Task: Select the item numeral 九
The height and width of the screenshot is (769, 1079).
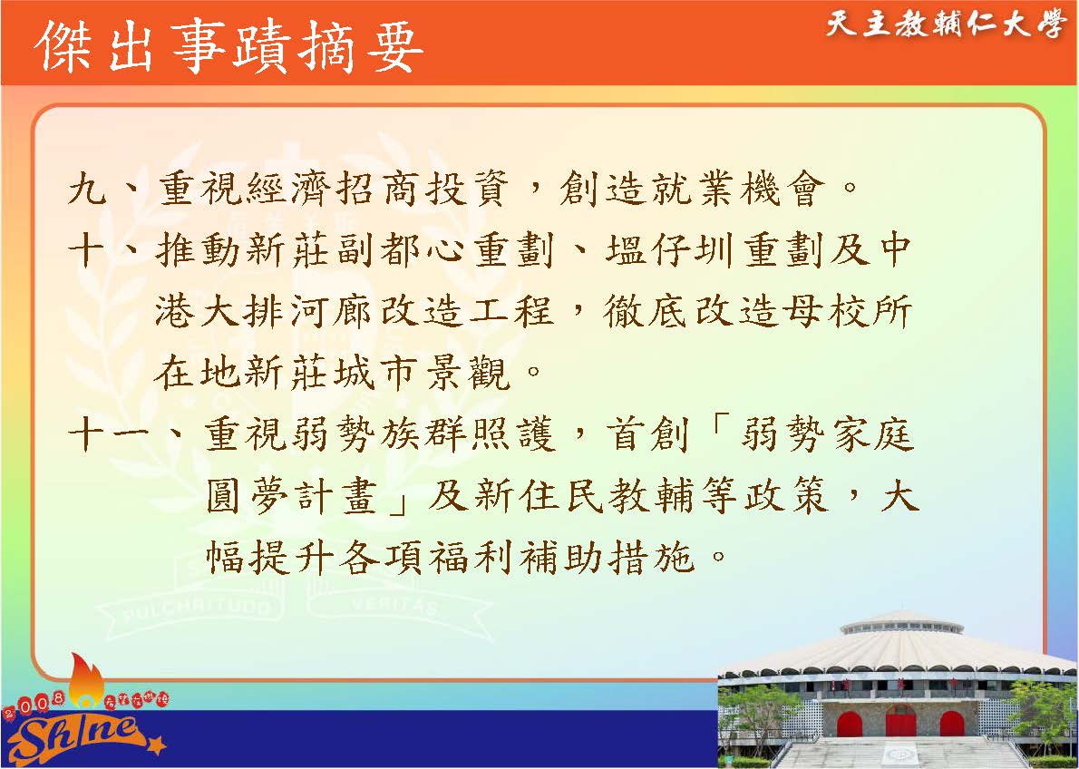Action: coord(88,188)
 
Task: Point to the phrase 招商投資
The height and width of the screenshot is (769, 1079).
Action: coord(423,188)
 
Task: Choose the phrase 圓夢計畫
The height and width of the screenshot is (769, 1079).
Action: coord(292,496)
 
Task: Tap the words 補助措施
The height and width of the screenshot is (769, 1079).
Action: coord(607,558)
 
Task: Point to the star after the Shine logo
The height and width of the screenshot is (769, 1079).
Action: coord(156,745)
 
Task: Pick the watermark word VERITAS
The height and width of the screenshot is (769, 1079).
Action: coord(395,607)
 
